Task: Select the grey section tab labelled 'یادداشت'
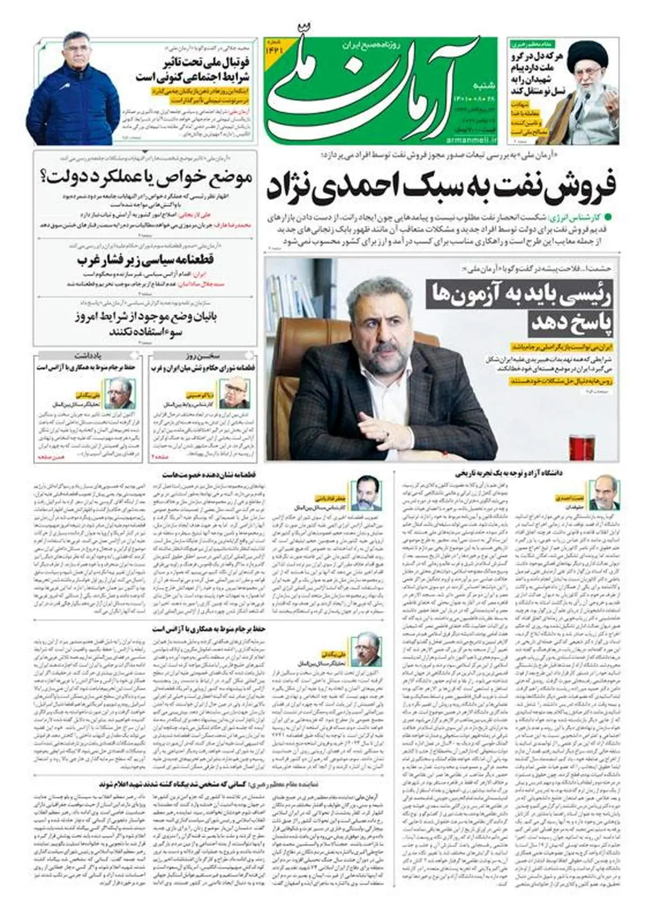pos(89,355)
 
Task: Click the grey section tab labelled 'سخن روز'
pos(204,355)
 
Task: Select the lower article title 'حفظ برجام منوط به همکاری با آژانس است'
pos(210,629)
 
